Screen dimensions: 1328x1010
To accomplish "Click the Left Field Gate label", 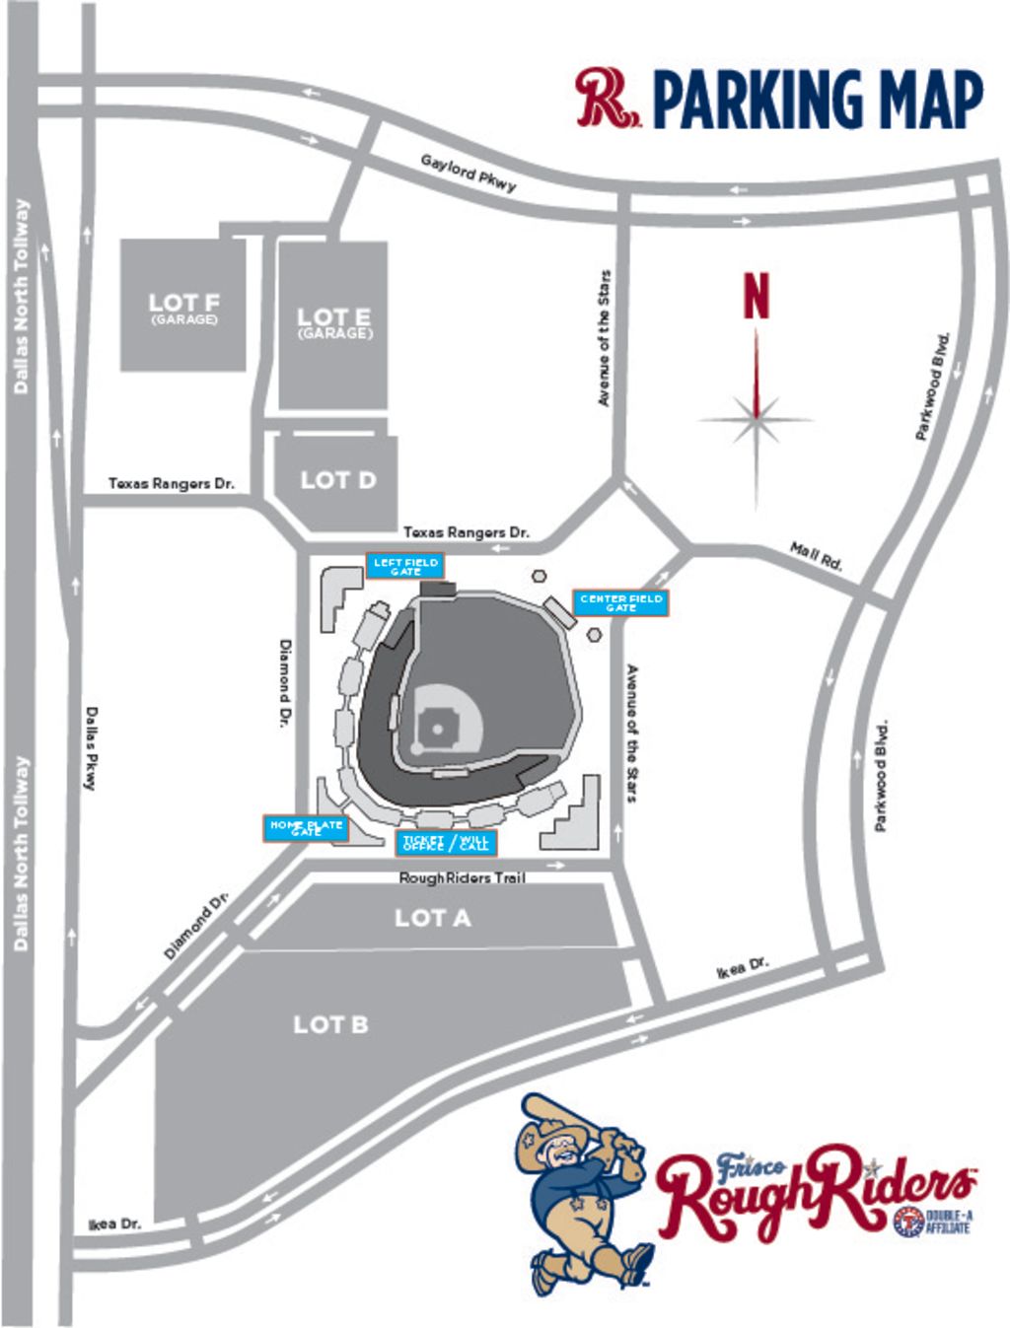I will coord(405,566).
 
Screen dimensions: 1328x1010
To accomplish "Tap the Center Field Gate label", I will coord(621,603).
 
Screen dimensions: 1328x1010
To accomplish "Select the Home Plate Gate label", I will coord(306,828).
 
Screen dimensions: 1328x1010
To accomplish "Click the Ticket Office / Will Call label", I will coord(446,843).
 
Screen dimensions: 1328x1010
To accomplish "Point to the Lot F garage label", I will coord(183,307).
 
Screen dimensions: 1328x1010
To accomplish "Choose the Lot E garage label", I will coord(334,322).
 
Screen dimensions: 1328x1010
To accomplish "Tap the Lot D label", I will coord(337,480).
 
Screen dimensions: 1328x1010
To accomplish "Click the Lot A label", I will coord(432,918).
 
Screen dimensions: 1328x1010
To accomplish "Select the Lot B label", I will coord(330,1024).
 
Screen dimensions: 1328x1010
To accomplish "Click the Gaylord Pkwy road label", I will coord(468,173).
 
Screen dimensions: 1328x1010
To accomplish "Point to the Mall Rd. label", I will coord(817,556).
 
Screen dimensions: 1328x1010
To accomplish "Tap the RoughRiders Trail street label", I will coord(462,877).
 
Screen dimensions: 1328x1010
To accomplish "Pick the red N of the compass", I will coord(757,296).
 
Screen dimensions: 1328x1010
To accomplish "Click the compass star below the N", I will coord(757,419).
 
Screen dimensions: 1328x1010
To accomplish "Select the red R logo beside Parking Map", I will coord(605,98).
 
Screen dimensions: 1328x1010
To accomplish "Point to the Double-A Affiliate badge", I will coord(931,1222).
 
